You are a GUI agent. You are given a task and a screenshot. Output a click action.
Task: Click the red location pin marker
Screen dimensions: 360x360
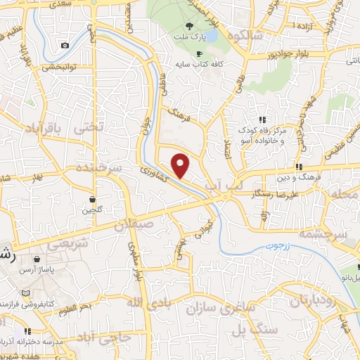click(x=181, y=165)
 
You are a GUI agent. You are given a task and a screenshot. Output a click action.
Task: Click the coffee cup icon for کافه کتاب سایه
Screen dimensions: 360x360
click(x=199, y=54)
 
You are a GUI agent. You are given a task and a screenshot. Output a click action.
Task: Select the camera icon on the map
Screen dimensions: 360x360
click(x=65, y=45)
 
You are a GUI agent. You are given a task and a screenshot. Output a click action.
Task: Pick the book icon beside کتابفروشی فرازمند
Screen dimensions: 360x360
click(x=26, y=292)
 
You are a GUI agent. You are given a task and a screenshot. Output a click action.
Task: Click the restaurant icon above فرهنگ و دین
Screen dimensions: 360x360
click(x=299, y=167)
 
